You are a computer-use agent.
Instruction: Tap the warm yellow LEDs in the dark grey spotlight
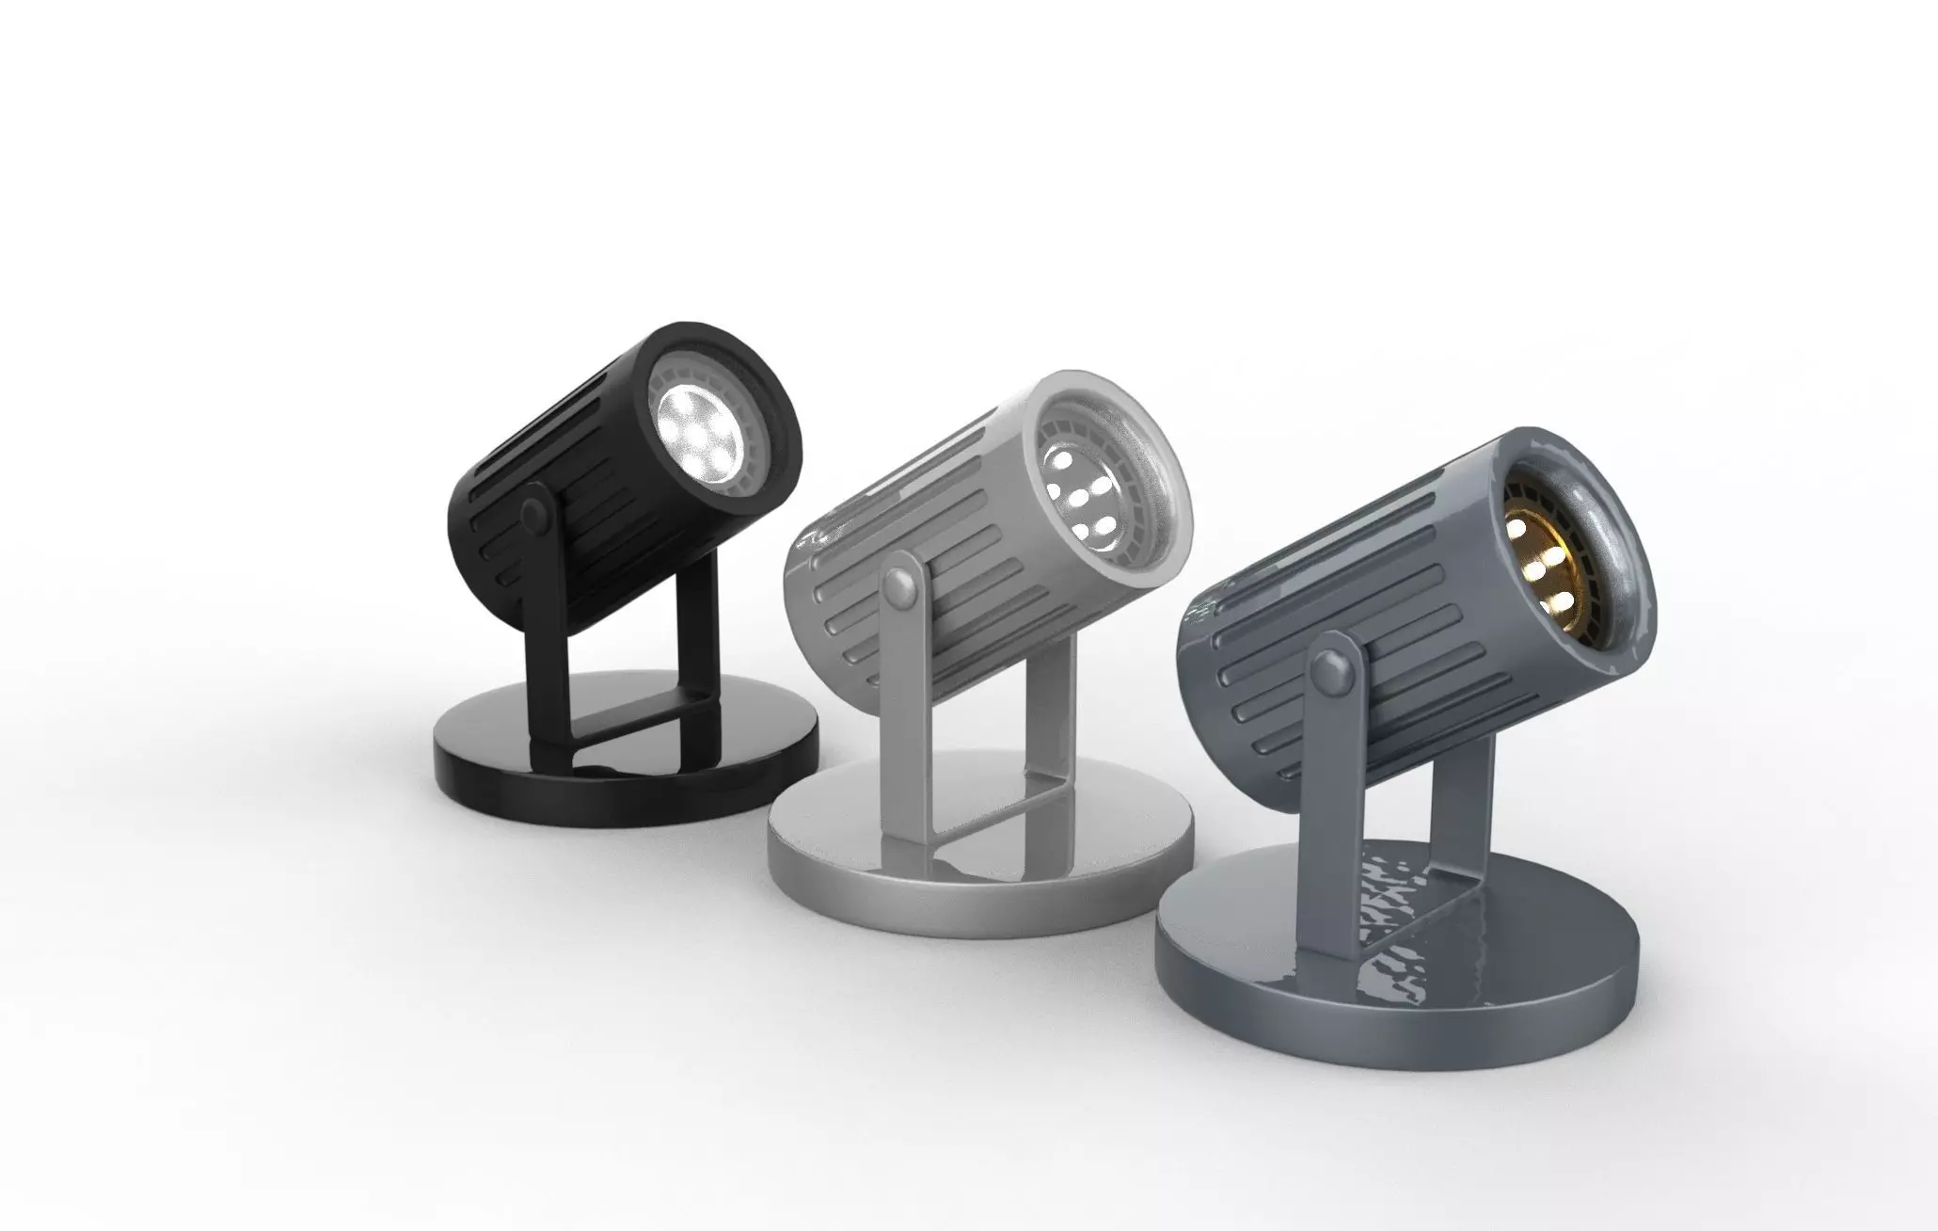(1532, 554)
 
